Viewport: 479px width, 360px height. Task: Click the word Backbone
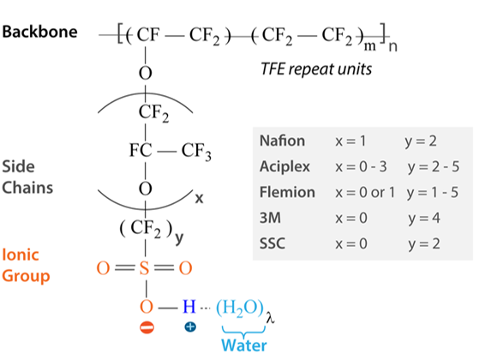(39, 32)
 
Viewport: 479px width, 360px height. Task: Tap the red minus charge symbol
(147, 327)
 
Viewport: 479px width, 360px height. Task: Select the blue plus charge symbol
(190, 327)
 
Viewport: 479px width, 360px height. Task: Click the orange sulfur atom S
(144, 268)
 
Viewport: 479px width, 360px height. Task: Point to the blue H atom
(189, 306)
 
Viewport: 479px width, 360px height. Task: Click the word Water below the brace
(243, 345)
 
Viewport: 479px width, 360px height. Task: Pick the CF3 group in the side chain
(196, 151)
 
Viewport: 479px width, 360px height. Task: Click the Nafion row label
(282, 141)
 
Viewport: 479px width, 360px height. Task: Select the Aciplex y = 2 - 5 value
(434, 167)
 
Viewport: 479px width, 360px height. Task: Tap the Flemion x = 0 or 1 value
(365, 193)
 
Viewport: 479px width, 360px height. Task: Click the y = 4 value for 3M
(424, 219)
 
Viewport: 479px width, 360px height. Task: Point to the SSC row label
(272, 243)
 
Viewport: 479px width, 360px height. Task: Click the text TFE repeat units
(316, 69)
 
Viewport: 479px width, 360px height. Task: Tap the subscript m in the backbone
(369, 46)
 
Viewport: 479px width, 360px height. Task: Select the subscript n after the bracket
(392, 46)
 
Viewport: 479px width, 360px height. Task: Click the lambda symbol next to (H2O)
(270, 318)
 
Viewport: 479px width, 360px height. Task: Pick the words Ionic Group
(26, 266)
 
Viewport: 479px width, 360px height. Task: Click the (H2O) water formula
(240, 308)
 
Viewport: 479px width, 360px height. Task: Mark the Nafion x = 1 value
(350, 141)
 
